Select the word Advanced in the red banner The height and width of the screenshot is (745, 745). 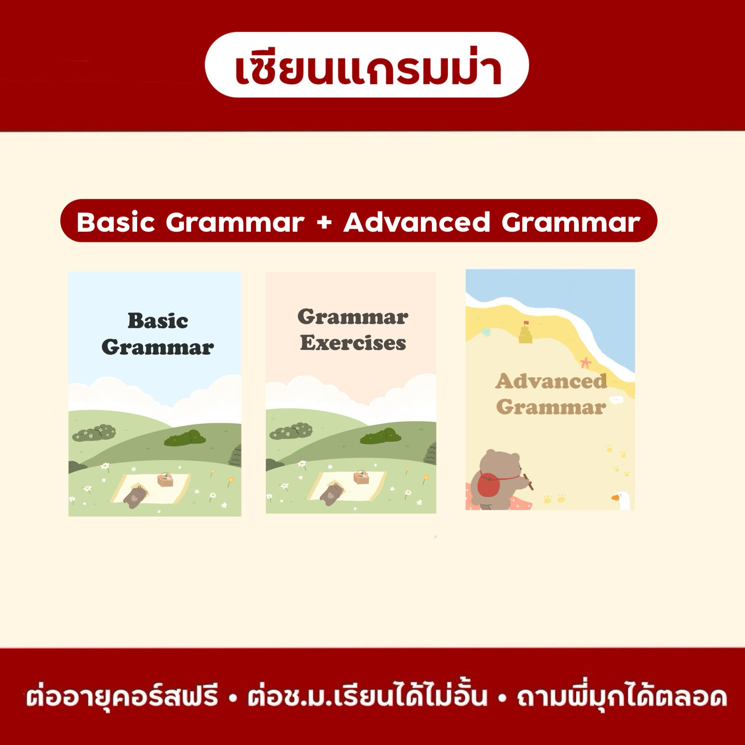[x=417, y=222]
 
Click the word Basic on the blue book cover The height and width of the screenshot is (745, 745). [x=158, y=321]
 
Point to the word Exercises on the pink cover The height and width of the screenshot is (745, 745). [x=353, y=343]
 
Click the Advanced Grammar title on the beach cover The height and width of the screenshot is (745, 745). [x=551, y=394]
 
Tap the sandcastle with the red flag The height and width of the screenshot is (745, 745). [x=526, y=332]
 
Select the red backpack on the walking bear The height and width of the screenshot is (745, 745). [x=490, y=485]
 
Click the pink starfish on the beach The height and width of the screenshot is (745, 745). [x=586, y=363]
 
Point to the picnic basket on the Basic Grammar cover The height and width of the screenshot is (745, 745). [x=165, y=480]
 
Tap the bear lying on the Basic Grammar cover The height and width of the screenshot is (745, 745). [x=135, y=496]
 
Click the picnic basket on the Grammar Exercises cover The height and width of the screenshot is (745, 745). [x=361, y=477]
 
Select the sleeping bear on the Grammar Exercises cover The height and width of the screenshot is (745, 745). [x=332, y=494]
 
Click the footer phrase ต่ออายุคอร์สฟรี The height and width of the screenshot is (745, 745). [x=122, y=697]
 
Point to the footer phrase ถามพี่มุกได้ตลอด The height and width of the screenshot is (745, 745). [x=622, y=697]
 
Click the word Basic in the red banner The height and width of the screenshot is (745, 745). [x=116, y=222]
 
